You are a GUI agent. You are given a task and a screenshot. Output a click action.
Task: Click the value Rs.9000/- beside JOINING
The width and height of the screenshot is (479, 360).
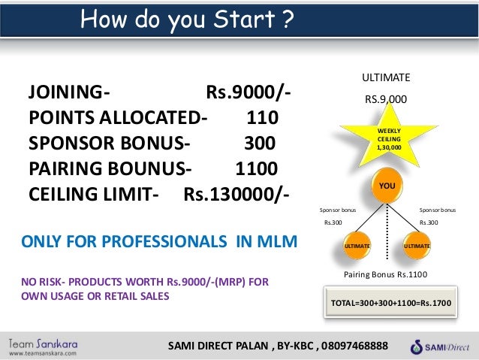click(x=248, y=94)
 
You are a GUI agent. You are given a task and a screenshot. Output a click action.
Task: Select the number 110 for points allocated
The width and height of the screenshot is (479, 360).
click(x=262, y=118)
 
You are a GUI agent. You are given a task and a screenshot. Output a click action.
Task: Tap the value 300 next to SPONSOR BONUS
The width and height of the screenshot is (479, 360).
click(x=259, y=143)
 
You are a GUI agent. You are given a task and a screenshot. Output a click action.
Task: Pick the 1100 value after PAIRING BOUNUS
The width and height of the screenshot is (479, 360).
click(x=256, y=167)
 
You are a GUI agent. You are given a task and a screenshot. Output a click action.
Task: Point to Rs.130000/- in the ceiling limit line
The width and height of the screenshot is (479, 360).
click(x=236, y=192)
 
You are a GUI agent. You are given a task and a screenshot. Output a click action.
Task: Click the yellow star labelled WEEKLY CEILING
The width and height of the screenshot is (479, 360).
click(x=388, y=139)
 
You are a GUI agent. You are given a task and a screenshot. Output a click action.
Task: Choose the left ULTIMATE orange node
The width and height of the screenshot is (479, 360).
click(x=357, y=245)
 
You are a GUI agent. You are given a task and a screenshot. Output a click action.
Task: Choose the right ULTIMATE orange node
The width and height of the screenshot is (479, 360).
click(x=417, y=245)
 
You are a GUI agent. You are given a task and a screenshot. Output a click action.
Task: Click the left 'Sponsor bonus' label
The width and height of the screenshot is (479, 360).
click(x=338, y=210)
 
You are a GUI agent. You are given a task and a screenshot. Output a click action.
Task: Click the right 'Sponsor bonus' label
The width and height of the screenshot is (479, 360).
click(x=437, y=210)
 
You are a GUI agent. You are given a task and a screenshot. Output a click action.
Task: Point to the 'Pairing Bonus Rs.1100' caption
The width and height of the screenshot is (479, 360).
click(x=385, y=275)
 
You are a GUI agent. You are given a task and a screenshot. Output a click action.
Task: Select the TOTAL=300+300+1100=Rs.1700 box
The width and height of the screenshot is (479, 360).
click(x=387, y=303)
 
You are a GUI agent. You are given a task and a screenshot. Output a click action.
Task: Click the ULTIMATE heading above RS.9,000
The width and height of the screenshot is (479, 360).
click(x=386, y=77)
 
